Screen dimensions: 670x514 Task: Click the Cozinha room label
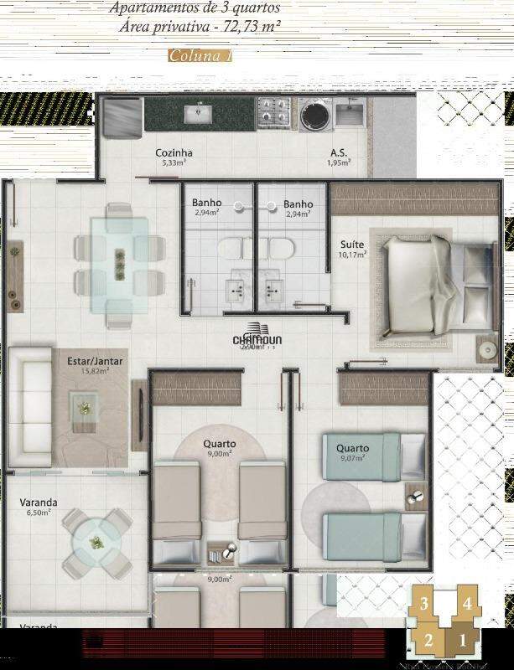[x=174, y=152]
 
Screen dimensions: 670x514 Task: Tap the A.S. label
[x=338, y=153]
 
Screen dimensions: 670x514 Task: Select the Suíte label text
[x=352, y=244]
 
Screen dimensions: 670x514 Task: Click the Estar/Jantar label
[x=95, y=361]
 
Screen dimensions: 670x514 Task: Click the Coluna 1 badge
[x=200, y=56]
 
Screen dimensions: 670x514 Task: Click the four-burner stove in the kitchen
[x=276, y=113]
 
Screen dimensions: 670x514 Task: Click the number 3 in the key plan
[x=425, y=604]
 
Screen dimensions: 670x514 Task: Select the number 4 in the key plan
[x=467, y=602]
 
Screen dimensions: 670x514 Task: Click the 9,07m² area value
[x=352, y=459]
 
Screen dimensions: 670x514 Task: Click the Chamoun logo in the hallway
[x=256, y=338]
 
